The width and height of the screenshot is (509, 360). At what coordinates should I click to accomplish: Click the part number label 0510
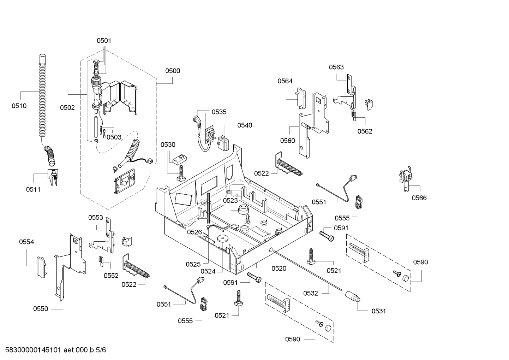[19, 106]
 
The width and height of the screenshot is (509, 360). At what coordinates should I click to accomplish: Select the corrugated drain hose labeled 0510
[42, 95]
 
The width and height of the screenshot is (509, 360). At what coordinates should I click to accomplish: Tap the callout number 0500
[173, 71]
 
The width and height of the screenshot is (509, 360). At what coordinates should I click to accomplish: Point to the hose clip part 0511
[53, 176]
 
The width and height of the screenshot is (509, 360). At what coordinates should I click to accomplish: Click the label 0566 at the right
[419, 198]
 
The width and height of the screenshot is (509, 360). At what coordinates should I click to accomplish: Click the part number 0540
[245, 125]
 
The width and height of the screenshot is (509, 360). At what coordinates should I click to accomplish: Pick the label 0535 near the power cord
[219, 112]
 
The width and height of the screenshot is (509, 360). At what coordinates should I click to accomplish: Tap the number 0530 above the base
[168, 144]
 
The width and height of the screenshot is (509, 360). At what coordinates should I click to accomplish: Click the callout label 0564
[285, 81]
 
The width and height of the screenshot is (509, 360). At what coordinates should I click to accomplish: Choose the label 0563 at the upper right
[336, 67]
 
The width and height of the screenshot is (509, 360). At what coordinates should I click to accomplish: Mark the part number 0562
[364, 131]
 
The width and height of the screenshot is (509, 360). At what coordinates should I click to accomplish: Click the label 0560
[287, 141]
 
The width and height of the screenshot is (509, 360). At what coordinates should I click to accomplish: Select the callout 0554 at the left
[26, 242]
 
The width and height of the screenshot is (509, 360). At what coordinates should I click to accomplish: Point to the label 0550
[41, 309]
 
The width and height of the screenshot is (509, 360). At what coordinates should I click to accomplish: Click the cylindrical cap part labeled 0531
[353, 296]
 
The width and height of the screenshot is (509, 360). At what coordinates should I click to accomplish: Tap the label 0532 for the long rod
[311, 293]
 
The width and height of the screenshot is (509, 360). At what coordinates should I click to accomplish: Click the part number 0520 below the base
[279, 268]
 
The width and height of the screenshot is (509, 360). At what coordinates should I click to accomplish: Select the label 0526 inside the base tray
[194, 232]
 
